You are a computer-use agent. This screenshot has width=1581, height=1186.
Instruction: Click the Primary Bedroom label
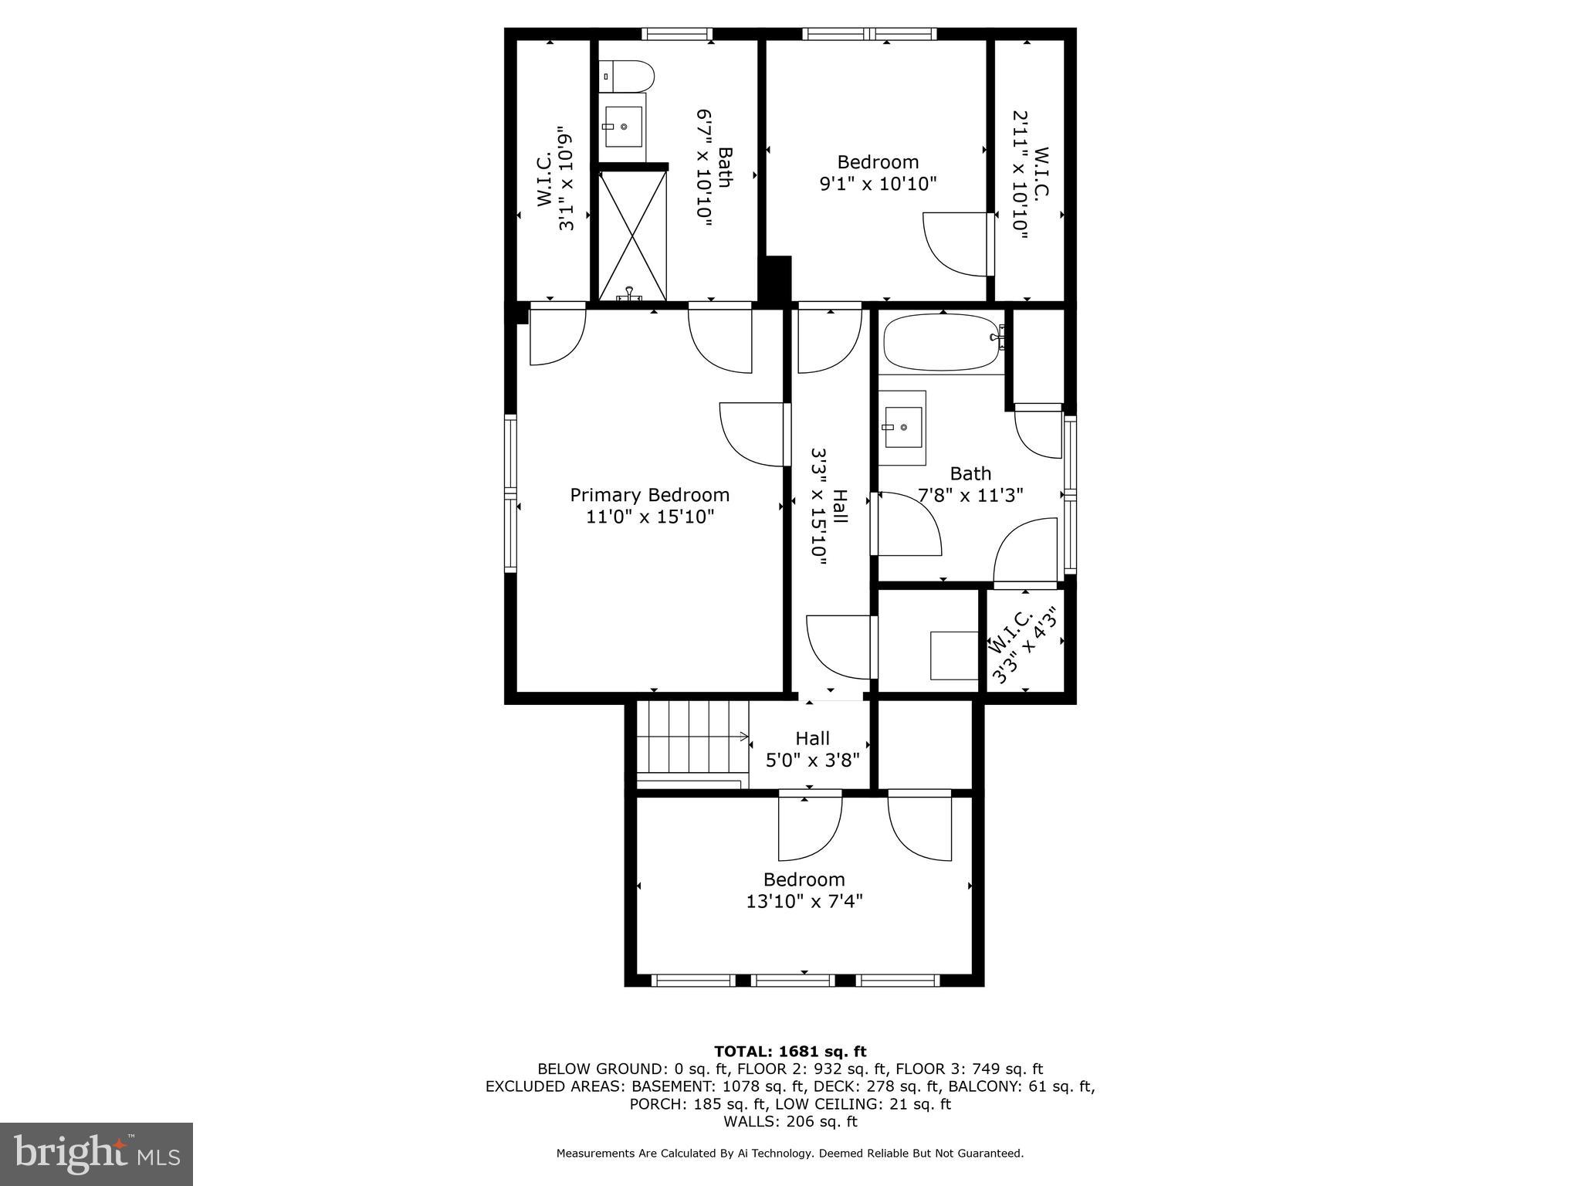pos(649,495)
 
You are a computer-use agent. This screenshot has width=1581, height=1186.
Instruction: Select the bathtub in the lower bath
pos(943,342)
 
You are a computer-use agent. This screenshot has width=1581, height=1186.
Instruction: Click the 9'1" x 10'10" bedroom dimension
pos(878,184)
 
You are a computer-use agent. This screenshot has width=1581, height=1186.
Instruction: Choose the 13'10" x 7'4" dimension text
pos(804,901)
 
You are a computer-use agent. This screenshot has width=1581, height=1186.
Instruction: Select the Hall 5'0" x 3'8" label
pos(812,749)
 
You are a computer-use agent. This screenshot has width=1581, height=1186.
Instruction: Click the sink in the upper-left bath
pos(624,127)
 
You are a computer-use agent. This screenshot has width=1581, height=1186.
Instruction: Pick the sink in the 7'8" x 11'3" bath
pos(902,427)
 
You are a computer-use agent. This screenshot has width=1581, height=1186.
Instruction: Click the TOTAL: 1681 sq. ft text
pos(790,1051)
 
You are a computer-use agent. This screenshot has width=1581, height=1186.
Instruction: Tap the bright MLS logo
pos(96,1154)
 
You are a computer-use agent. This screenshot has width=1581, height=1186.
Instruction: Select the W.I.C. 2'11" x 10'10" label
pos(1031,173)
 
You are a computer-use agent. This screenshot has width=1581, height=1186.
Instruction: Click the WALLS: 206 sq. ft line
pos(790,1122)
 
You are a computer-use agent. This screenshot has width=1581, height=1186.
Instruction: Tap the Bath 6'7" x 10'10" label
pos(714,168)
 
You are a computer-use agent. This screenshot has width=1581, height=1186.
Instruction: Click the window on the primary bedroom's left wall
pos(510,493)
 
